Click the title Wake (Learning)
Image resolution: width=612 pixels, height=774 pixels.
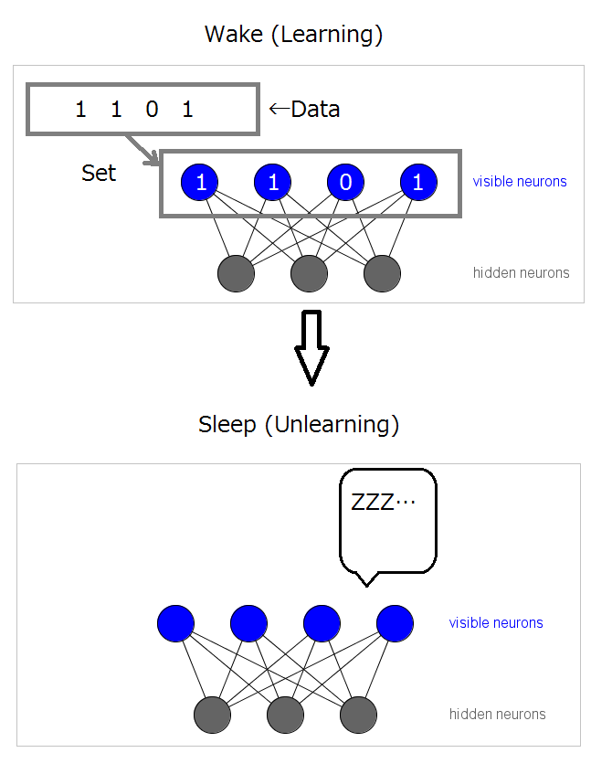pos(293,35)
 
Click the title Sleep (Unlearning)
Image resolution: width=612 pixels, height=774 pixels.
pos(299,425)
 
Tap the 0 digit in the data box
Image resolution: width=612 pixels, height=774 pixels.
pos(152,110)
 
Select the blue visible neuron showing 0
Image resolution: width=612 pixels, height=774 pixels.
pos(345,183)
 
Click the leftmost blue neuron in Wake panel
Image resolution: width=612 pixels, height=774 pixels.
pos(200,183)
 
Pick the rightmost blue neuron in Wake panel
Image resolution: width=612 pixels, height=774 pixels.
pos(418,183)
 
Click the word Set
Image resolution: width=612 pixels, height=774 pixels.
pos(99,174)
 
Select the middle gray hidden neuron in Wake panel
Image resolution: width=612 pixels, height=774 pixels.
pos(310,273)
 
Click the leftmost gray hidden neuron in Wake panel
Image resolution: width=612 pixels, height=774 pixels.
pos(237,273)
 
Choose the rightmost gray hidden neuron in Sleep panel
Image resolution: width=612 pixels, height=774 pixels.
pos(358,715)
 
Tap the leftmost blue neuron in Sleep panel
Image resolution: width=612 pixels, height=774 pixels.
pos(175,623)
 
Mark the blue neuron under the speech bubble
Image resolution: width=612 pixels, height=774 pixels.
pos(395,623)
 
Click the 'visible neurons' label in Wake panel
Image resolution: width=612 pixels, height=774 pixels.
pos(520,181)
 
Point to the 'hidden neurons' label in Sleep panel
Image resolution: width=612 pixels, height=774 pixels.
pos(497,715)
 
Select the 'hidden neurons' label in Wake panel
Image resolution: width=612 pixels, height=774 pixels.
pos(521,272)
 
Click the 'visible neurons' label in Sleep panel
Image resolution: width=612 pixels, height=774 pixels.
pos(496,623)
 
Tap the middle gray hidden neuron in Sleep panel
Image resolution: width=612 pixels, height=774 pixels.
pos(285,715)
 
